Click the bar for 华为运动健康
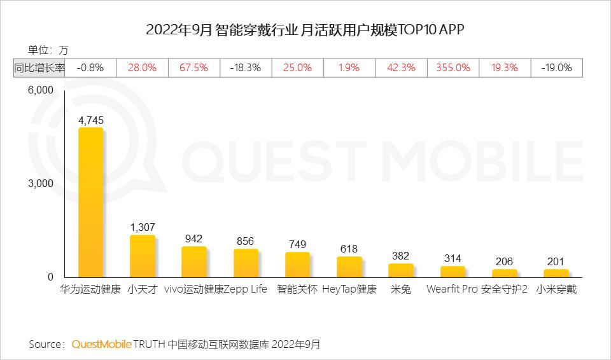pyautogui.click(x=90, y=202)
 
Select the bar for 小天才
pyautogui.click(x=143, y=256)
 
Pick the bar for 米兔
pyautogui.click(x=401, y=270)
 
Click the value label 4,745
pyautogui.click(x=90, y=120)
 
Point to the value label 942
pyautogui.click(x=193, y=239)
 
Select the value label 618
pyautogui.click(x=349, y=249)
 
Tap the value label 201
pyautogui.click(x=556, y=261)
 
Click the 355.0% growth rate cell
pyautogui.click(x=453, y=67)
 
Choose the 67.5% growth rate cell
pyautogui.click(x=193, y=67)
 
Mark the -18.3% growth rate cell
pyautogui.click(x=246, y=67)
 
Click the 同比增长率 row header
pyautogui.click(x=39, y=67)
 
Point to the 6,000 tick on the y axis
pyautogui.click(x=40, y=90)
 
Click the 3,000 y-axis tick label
pyautogui.click(x=40, y=184)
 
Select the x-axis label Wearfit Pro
pyautogui.click(x=452, y=289)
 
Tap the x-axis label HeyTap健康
pyautogui.click(x=349, y=289)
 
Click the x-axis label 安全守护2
pyautogui.click(x=505, y=289)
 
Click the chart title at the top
pyautogui.click(x=305, y=30)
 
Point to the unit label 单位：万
pyautogui.click(x=48, y=50)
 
